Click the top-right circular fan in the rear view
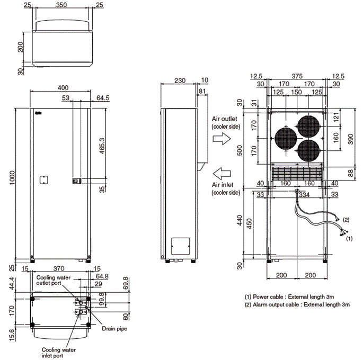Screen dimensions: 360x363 click(309, 127)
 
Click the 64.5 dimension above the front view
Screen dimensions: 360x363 click(103, 97)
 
